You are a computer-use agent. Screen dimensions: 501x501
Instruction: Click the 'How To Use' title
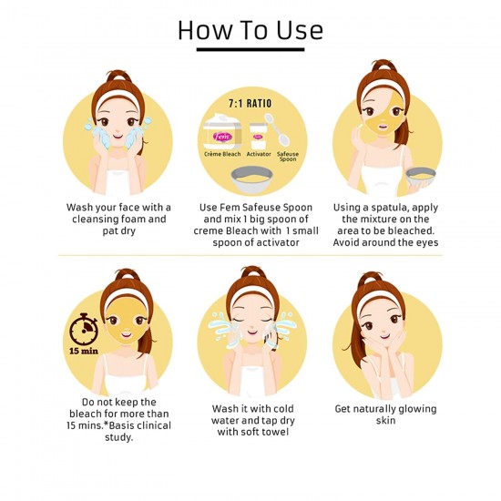point(250,30)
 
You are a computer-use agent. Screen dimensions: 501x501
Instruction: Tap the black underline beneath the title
point(250,49)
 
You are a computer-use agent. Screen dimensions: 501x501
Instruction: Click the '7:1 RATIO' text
point(250,103)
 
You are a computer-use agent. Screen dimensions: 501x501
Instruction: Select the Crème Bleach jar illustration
point(221,131)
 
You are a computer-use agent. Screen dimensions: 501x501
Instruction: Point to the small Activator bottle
point(258,136)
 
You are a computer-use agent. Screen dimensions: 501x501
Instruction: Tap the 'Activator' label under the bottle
point(259,154)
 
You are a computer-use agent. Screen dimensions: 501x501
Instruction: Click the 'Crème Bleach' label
point(222,154)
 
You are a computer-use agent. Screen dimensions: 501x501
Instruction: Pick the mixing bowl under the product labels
point(251,179)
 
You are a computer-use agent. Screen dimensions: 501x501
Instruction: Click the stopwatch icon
point(84,329)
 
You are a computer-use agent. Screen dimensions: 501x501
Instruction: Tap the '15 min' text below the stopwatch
point(84,351)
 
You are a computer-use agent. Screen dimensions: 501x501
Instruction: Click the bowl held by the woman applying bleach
point(421,177)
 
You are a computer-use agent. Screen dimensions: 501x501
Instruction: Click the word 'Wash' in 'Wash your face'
point(78,208)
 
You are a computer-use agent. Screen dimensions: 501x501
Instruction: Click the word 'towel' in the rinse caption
point(275,432)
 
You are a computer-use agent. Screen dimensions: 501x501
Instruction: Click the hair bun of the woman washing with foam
point(118,76)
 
